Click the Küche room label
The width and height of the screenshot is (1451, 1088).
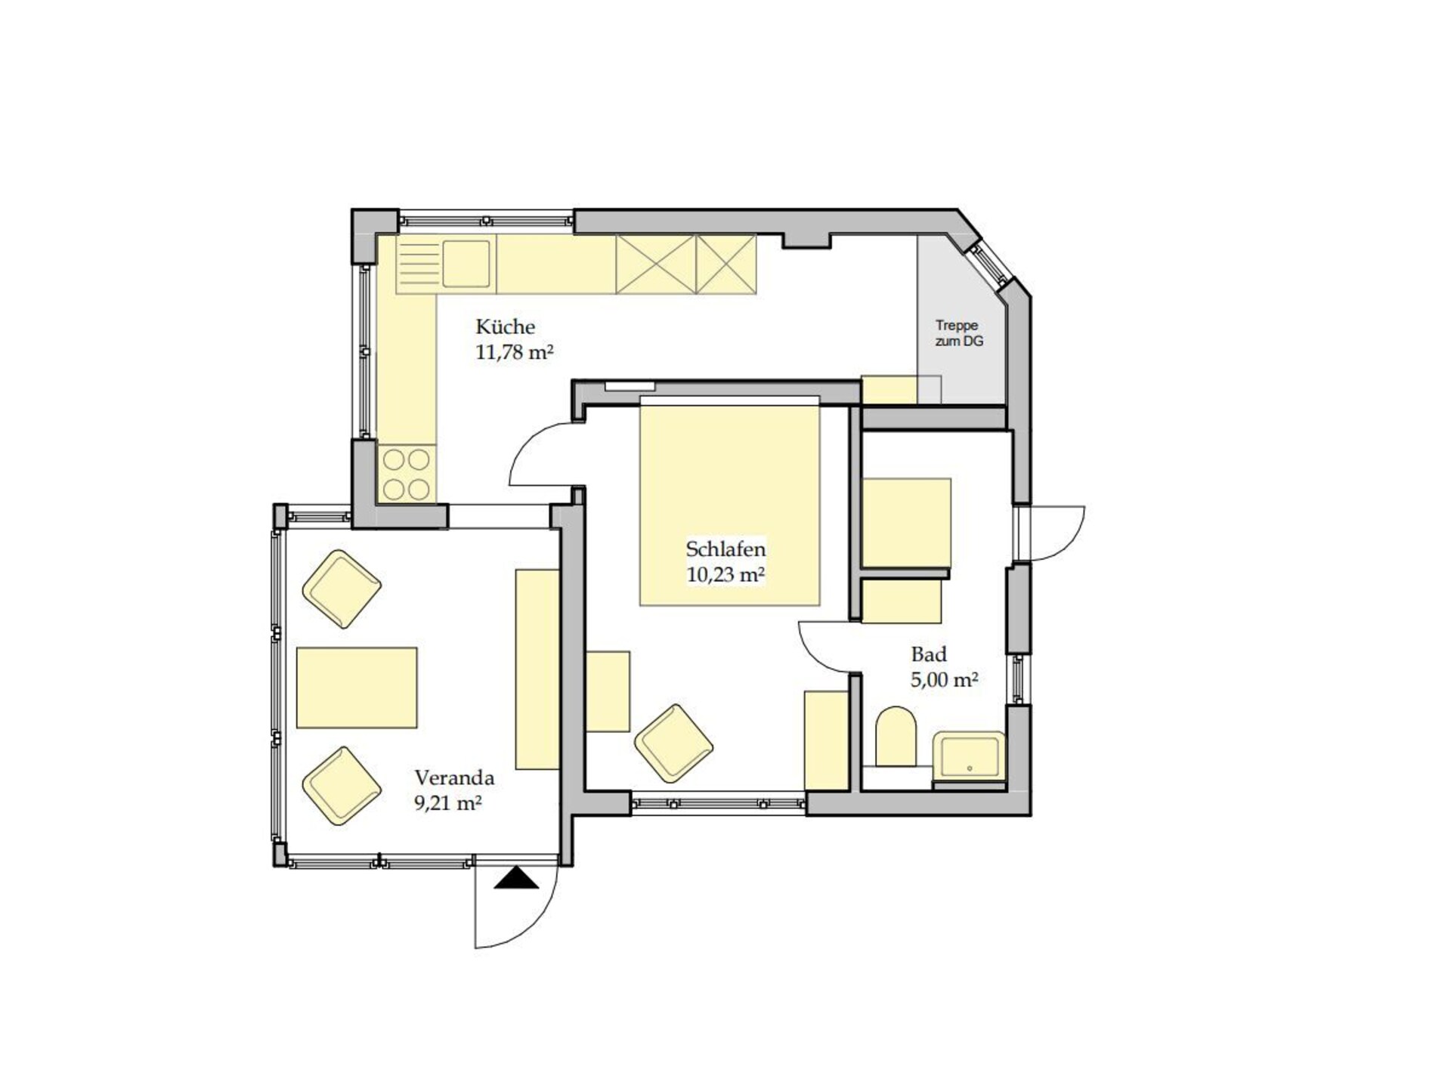[x=505, y=327]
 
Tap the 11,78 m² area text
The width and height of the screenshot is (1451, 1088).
[x=515, y=352]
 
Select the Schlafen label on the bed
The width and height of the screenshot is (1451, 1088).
[x=725, y=549]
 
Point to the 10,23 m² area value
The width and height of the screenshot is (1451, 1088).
[x=725, y=574]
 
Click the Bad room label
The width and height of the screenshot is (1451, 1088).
[x=929, y=654]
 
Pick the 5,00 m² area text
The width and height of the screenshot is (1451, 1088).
[x=945, y=679]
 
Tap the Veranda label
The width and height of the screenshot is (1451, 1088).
[x=454, y=777]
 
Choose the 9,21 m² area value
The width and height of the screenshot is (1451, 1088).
[x=448, y=802]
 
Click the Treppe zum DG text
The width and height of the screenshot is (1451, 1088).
[x=958, y=333]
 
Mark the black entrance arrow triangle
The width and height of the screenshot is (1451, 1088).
[x=517, y=878]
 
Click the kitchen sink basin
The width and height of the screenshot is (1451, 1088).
[x=466, y=264]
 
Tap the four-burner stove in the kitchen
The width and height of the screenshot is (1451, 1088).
[x=407, y=474]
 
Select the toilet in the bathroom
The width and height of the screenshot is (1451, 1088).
[x=896, y=736]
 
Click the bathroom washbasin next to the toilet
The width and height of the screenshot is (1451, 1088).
[x=970, y=756]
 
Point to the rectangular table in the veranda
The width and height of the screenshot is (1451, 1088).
[x=357, y=688]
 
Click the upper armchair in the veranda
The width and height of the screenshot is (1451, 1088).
[x=342, y=589]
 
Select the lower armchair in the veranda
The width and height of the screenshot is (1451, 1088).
[x=342, y=786]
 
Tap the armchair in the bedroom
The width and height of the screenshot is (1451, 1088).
[x=673, y=743]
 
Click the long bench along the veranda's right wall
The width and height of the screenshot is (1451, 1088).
[x=537, y=669]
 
